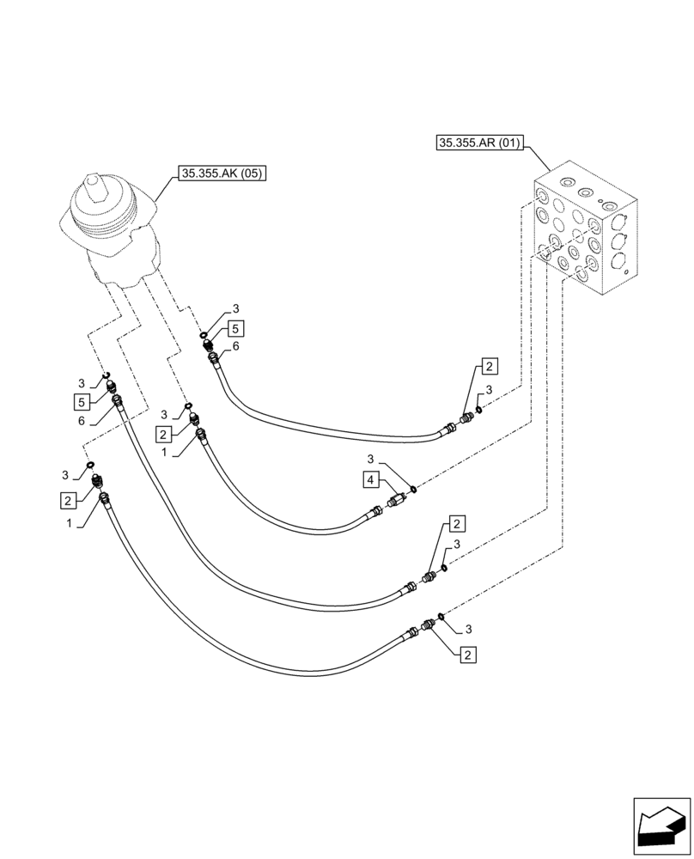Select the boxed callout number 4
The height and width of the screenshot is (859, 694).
pyautogui.click(x=369, y=480)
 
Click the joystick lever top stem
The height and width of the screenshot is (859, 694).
pyautogui.click(x=94, y=184)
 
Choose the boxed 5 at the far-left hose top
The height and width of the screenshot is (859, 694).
pyautogui.click(x=79, y=402)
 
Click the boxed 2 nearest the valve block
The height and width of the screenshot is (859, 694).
pyautogui.click(x=487, y=367)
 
